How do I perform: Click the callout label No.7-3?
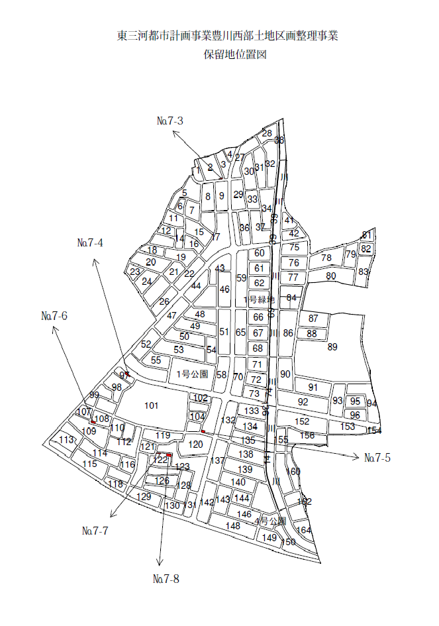(170, 121)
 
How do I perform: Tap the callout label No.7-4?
(90, 242)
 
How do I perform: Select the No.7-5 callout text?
(377, 458)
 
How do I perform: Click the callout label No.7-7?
(95, 531)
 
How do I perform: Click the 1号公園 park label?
(193, 374)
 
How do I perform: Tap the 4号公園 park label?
(270, 521)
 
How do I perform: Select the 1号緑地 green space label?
(260, 299)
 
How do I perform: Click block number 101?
(152, 405)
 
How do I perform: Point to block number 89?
(332, 346)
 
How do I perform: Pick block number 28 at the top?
(267, 133)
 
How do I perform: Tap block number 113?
(67, 440)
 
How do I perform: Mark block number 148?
(232, 526)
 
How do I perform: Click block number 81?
(366, 235)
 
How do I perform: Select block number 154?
(374, 431)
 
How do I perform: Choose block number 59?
(241, 278)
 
